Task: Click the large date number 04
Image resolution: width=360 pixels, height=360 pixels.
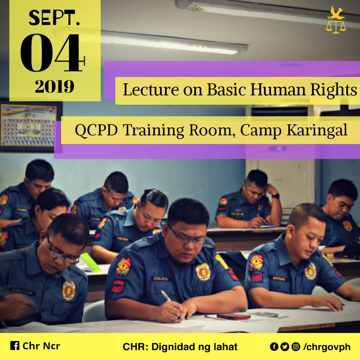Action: (52, 53)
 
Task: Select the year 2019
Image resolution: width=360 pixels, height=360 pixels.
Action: (55, 87)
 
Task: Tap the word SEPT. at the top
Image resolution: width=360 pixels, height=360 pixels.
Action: (54, 18)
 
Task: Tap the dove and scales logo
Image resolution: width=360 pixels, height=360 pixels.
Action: (336, 20)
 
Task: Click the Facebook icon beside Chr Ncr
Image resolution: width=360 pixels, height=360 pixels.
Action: (15, 346)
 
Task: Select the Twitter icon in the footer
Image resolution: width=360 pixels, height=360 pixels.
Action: (285, 347)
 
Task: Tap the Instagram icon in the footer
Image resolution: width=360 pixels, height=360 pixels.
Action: (295, 347)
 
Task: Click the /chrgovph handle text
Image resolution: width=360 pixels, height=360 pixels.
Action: (327, 347)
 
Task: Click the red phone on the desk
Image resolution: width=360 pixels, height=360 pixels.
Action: (233, 316)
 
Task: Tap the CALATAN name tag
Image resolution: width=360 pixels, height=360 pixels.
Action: (161, 278)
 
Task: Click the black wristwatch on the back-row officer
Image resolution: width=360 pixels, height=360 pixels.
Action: (276, 196)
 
